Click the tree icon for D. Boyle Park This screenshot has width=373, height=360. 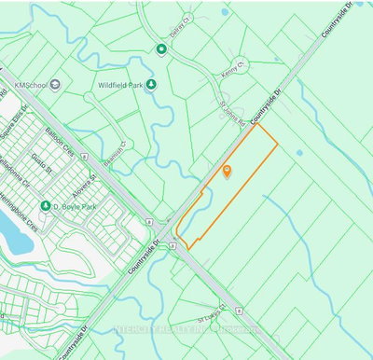point(44,206)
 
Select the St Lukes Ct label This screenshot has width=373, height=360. point(212,315)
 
